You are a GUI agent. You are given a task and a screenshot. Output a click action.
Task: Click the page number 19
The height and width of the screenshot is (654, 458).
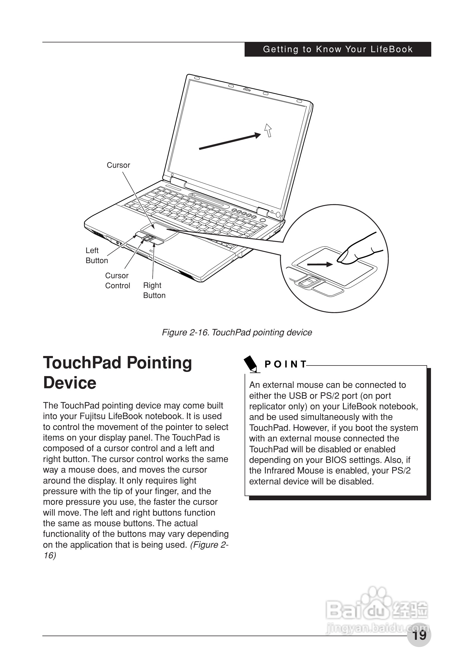(419, 635)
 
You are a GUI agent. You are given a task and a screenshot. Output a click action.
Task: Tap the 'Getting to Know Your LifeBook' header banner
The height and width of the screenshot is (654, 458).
(338, 49)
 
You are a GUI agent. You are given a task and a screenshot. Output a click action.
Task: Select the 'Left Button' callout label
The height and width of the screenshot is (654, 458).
(96, 256)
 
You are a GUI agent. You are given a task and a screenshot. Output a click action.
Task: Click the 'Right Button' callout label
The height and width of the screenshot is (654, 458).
(154, 290)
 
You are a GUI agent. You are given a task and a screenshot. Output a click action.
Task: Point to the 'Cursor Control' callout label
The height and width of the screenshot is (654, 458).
(117, 281)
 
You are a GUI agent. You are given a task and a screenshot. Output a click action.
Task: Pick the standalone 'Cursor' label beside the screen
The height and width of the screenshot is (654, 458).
(118, 165)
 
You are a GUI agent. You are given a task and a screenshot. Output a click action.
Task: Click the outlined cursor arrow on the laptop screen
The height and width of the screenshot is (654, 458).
(268, 131)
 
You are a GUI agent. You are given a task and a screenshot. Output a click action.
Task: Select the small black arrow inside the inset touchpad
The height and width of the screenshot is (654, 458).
(320, 265)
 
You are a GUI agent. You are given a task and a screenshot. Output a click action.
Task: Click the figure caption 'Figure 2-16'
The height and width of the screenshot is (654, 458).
(237, 332)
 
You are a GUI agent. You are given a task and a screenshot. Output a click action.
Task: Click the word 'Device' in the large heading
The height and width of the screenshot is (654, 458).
(70, 383)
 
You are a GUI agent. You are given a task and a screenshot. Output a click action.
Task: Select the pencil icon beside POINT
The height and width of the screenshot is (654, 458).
(251, 364)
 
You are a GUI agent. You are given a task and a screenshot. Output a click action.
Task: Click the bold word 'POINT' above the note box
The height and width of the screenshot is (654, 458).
(285, 364)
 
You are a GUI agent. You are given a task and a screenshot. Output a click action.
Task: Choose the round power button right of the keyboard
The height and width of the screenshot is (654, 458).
(262, 220)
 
